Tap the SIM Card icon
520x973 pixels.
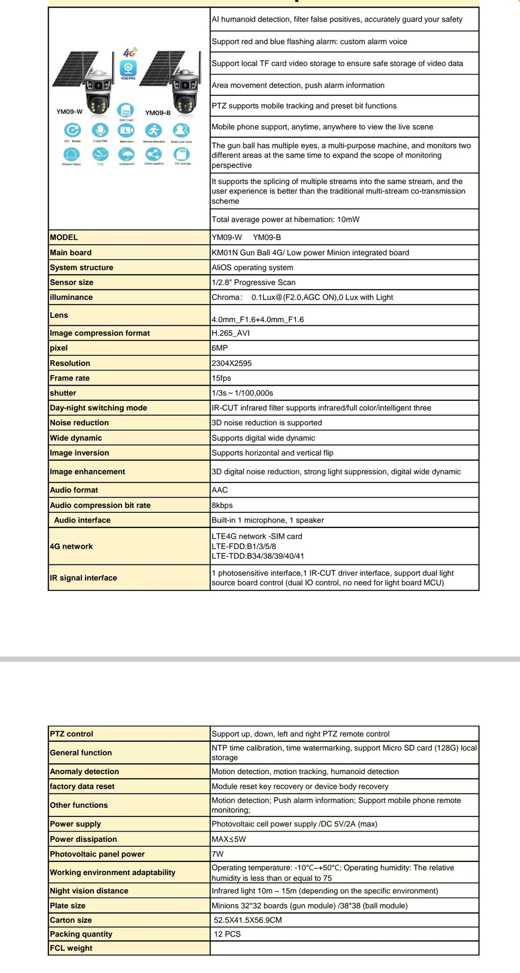click(126, 110)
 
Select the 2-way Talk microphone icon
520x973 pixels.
click(100, 130)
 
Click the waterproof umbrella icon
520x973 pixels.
click(126, 154)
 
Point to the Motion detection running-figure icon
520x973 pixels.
click(154, 130)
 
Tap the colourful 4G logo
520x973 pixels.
click(130, 53)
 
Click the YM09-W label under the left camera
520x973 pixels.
click(69, 111)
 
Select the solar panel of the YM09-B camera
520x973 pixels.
click(157, 67)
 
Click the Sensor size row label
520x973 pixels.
click(71, 282)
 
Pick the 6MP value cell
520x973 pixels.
click(220, 348)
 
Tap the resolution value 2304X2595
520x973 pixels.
click(232, 363)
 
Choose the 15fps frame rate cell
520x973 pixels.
click(221, 378)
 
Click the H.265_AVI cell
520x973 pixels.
click(231, 333)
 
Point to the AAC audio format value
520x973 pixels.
click(220, 490)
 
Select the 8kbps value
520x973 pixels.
click(222, 505)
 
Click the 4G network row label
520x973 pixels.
click(71, 546)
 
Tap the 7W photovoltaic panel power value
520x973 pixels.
click(218, 854)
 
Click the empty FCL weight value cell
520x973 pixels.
click(344, 948)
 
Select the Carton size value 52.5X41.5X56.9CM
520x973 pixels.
click(247, 920)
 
